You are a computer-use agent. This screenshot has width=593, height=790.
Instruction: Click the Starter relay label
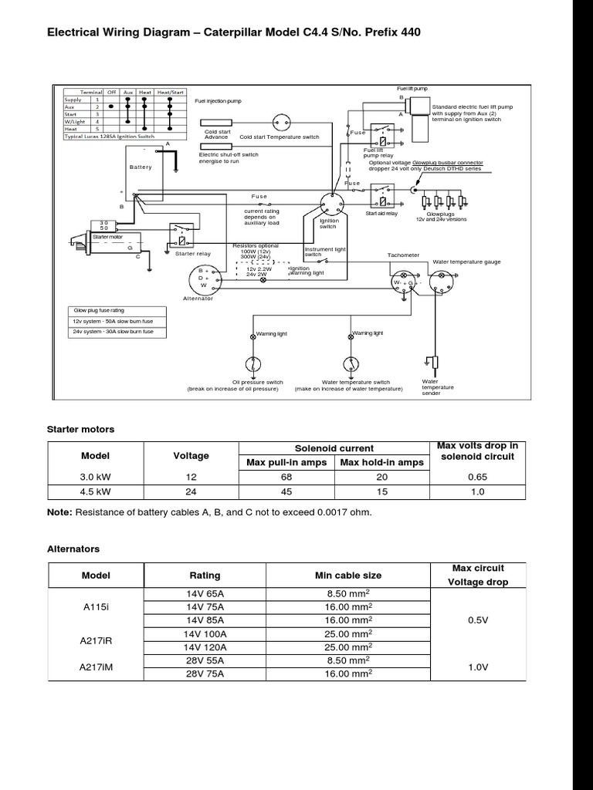coord(192,253)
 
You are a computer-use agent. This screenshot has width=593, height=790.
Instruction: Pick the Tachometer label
coord(403,255)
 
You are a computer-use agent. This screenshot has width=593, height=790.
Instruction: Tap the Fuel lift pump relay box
coord(383,137)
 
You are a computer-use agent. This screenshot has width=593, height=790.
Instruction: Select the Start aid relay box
coord(382,191)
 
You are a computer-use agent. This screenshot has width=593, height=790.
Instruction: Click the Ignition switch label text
coord(329,224)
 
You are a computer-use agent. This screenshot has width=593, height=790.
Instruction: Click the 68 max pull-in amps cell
coord(287,477)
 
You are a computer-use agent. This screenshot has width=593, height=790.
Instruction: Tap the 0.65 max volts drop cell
coord(477,477)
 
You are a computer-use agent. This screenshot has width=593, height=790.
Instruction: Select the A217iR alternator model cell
coord(97,640)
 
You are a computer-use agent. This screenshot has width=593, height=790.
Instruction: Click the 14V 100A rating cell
coord(205,633)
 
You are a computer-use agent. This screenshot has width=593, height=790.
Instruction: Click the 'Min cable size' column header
coord(348,576)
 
